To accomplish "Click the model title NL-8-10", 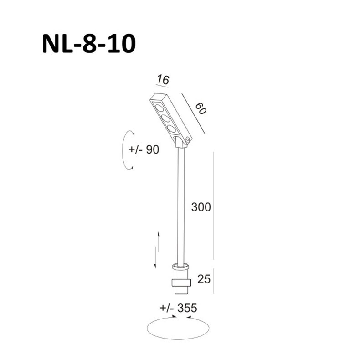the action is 88,45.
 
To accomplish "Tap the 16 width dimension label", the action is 163,80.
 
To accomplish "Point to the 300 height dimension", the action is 201,207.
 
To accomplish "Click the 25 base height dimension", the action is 204,279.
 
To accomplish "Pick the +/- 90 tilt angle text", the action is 144,149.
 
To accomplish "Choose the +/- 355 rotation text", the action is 179,308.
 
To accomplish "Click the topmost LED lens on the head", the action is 159,108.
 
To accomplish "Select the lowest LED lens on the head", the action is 172,129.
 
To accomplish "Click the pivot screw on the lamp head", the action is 187,139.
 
